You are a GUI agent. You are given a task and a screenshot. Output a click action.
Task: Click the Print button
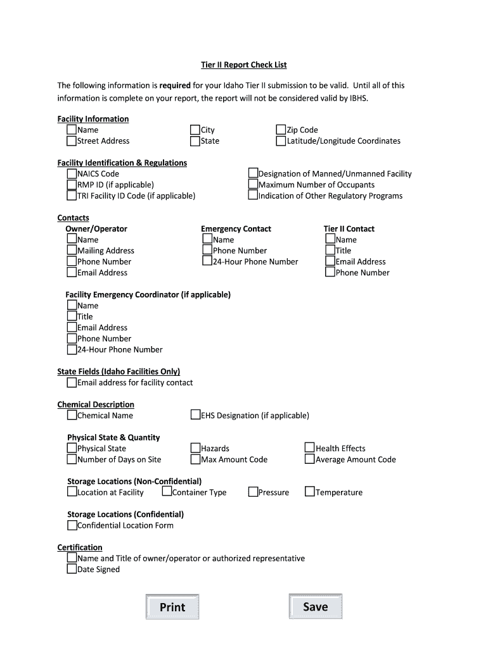click(172, 607)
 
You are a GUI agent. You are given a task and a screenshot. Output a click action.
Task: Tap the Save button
click(315, 606)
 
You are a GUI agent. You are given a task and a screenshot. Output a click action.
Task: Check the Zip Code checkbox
click(281, 130)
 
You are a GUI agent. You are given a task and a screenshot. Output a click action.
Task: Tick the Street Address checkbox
click(72, 140)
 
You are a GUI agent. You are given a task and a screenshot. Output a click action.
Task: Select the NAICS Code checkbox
click(72, 173)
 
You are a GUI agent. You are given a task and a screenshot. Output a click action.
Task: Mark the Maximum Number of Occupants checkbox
click(253, 184)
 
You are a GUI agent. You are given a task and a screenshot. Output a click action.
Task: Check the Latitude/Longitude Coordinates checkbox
click(281, 140)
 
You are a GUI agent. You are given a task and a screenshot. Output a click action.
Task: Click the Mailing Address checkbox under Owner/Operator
click(72, 250)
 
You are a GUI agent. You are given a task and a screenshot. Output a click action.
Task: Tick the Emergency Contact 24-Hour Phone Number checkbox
click(207, 261)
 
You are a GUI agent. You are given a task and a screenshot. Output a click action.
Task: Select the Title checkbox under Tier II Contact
click(330, 250)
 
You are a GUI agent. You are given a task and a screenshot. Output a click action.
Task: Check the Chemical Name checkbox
click(72, 415)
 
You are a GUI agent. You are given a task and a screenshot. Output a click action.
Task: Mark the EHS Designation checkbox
click(195, 415)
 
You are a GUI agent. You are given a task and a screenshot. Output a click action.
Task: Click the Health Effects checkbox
click(310, 448)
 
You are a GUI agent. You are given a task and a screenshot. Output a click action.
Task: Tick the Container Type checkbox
click(167, 492)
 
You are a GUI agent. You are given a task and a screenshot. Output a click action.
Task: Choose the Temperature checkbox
click(310, 492)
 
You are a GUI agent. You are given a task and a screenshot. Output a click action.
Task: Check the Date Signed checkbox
click(72, 569)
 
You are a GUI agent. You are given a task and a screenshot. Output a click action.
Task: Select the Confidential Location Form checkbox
click(72, 525)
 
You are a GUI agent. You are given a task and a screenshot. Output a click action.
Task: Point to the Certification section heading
click(80, 547)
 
